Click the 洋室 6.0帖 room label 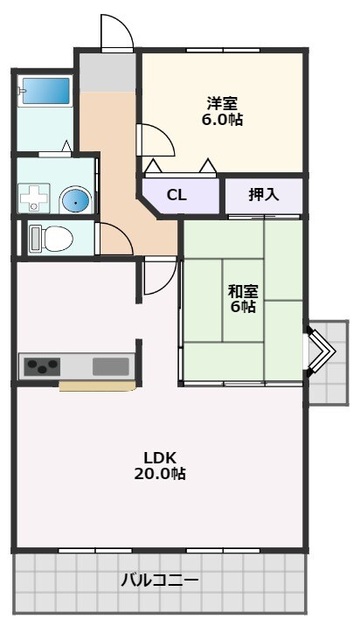coord(222,111)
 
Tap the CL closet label coord(177,195)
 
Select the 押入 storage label coord(263,194)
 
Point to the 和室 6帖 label coord(243,298)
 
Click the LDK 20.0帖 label coord(160,465)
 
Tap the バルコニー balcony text coord(160,580)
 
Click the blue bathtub coord(46,91)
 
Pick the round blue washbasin coord(75,200)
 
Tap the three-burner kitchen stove coord(42,366)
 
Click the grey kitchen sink coord(111,366)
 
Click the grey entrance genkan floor coord(107,73)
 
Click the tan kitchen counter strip coord(98,386)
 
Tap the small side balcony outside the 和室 coord(329,363)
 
